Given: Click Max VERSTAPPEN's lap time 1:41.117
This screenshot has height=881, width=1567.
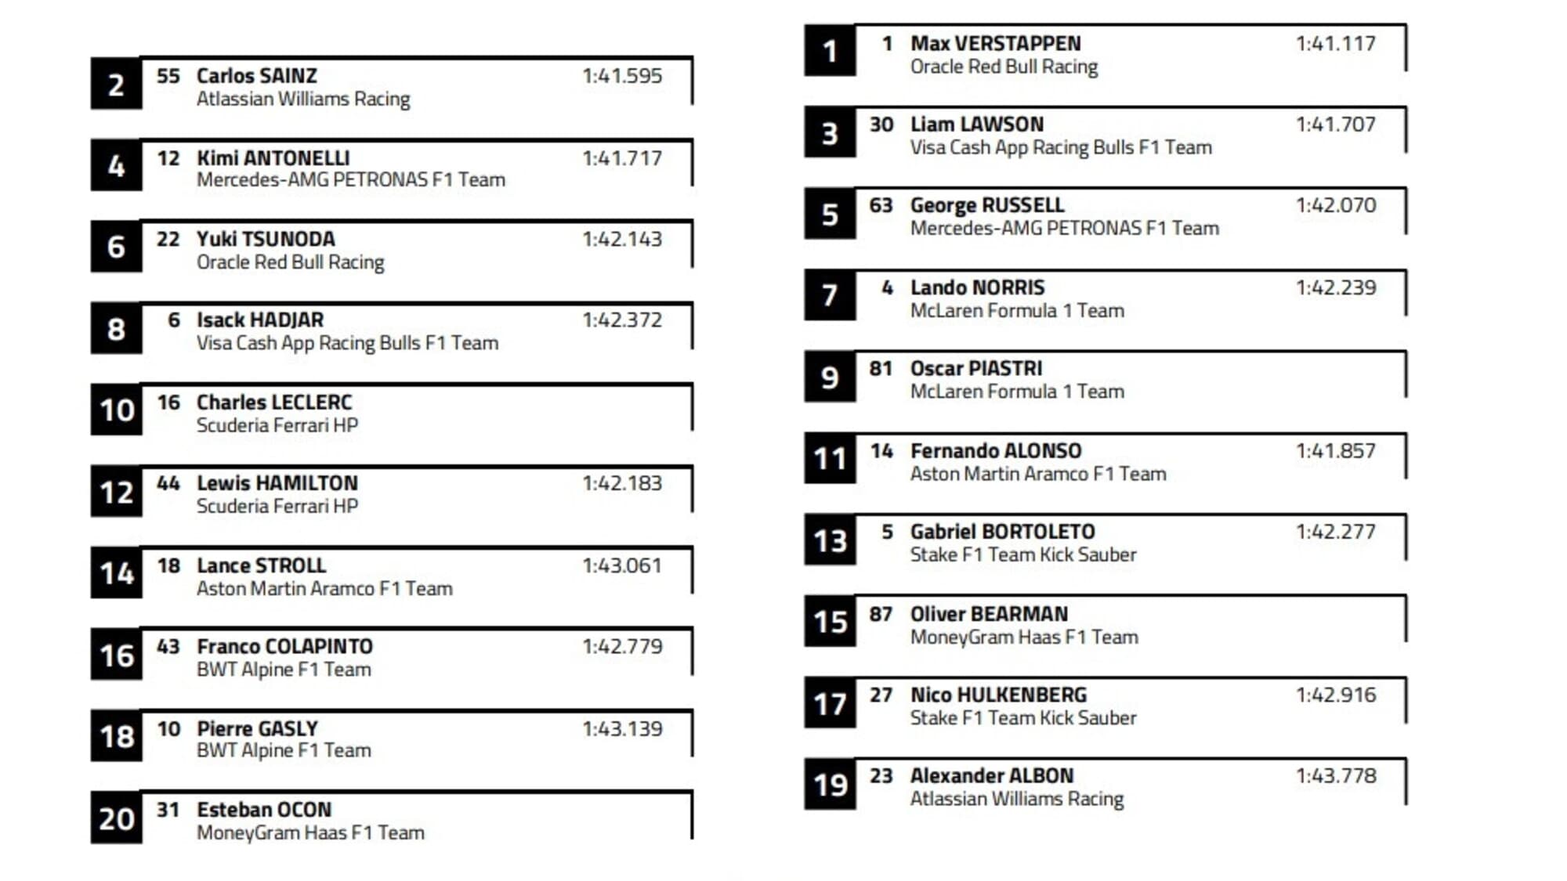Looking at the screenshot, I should (x=1335, y=44).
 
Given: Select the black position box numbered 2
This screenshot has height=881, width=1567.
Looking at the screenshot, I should (x=116, y=85).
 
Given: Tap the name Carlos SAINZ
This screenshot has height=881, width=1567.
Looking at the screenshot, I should (x=256, y=76).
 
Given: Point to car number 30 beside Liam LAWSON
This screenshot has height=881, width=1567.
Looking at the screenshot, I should (x=881, y=125).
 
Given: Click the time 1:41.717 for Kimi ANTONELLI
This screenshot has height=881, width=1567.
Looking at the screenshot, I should (x=621, y=158).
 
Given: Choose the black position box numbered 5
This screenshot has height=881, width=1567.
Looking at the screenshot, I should (x=830, y=215).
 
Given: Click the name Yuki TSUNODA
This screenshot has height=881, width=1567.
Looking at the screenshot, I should (x=265, y=239).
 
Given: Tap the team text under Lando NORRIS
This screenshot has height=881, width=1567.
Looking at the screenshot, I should (x=1016, y=311).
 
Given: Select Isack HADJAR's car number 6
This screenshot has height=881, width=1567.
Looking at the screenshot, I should (x=173, y=320).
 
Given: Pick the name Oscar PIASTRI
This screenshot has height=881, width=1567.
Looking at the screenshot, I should (x=975, y=369).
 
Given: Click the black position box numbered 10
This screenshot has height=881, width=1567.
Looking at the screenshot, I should (x=116, y=410).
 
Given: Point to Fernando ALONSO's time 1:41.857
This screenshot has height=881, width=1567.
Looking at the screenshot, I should (x=1335, y=451).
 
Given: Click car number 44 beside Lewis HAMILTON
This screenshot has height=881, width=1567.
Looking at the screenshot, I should (x=168, y=483).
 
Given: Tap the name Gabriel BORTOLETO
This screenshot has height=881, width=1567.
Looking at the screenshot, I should (x=1002, y=532).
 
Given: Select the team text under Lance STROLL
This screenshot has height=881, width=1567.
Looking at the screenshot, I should (x=324, y=589).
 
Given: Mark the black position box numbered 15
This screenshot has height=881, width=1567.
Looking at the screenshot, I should (x=830, y=622).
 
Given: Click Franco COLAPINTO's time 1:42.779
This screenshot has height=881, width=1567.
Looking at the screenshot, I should (x=621, y=647).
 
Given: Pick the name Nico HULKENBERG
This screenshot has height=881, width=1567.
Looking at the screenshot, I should (x=998, y=695).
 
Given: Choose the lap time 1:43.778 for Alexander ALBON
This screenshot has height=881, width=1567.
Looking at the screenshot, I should (x=1335, y=776).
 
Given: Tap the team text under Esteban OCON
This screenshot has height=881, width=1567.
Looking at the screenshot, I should (x=309, y=833).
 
